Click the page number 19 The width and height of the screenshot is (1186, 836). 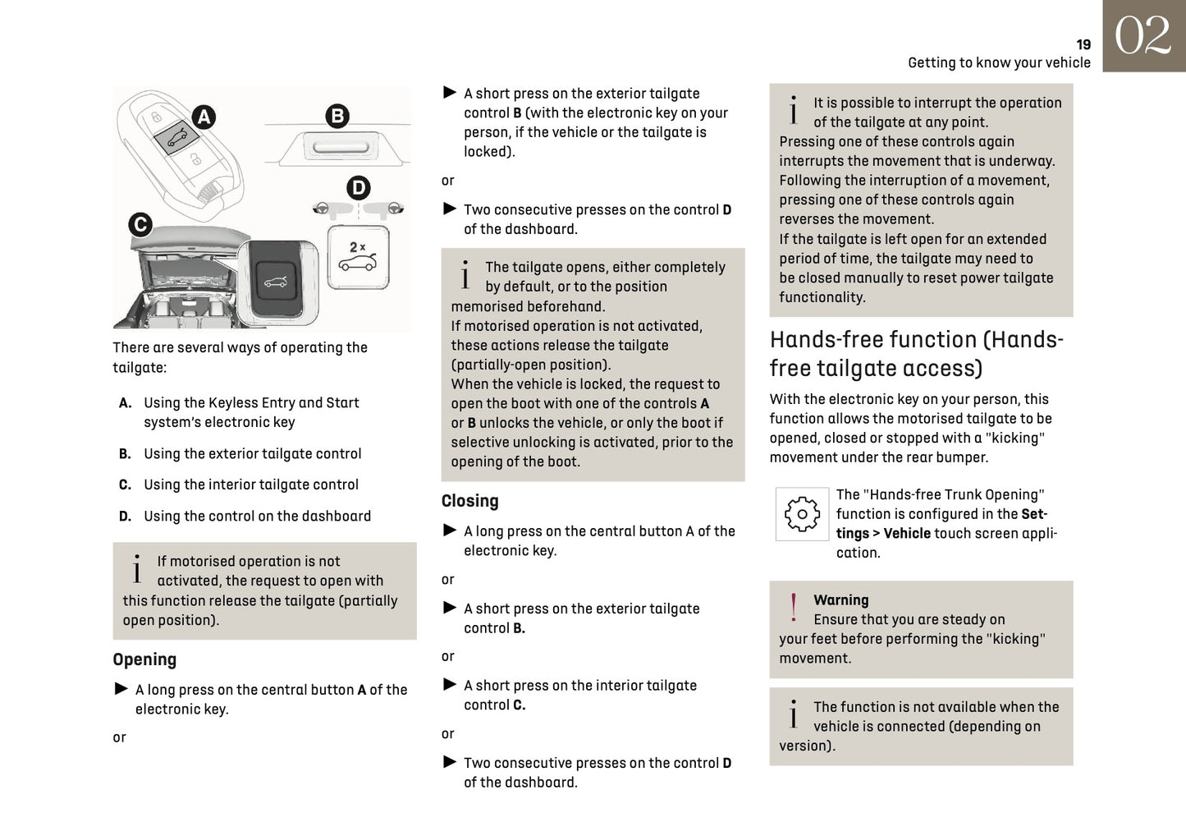point(1083,45)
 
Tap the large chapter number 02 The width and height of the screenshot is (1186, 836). point(1142,36)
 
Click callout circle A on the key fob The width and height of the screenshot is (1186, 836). point(203,117)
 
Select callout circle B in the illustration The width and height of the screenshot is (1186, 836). point(337,116)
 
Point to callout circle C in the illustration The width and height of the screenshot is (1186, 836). point(140,224)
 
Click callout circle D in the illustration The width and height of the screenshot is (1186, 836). point(358,188)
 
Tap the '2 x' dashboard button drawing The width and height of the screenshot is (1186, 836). point(358,257)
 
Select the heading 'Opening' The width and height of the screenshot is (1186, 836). point(144,659)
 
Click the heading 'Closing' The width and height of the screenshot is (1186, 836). point(469,501)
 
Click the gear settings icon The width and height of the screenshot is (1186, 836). point(801,514)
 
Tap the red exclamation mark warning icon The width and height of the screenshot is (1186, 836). point(793,609)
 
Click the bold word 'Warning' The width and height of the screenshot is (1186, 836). point(840,600)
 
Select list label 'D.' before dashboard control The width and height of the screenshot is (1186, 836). point(125,517)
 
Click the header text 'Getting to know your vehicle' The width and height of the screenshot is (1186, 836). point(999,63)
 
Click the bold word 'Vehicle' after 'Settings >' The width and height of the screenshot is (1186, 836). point(906,534)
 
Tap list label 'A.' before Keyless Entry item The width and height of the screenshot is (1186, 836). point(125,403)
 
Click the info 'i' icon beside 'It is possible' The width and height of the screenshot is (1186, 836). point(793,111)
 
